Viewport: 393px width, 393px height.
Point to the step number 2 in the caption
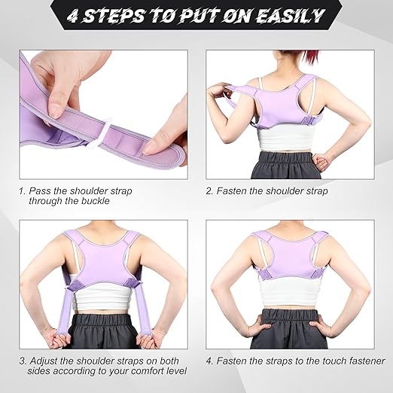click(x=209, y=191)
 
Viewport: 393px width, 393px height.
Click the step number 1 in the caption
click(x=23, y=191)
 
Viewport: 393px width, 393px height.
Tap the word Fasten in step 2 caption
click(x=231, y=191)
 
